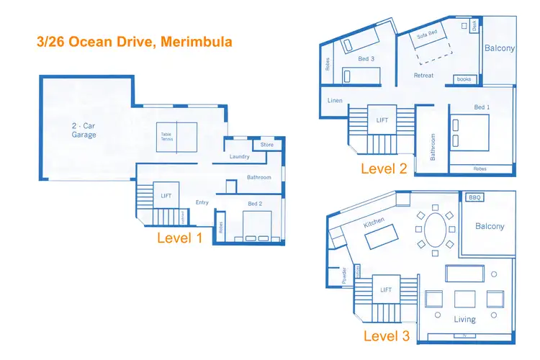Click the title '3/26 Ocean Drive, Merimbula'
point(134,42)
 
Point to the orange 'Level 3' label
point(386,336)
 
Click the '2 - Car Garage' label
point(85,130)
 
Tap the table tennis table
point(177,138)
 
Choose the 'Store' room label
point(267,145)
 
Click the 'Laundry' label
point(239,157)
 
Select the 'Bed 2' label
point(256,204)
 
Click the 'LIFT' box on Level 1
point(166,195)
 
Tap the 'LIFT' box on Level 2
point(382,120)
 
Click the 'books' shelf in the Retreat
point(462,79)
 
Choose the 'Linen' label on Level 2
point(335,100)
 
